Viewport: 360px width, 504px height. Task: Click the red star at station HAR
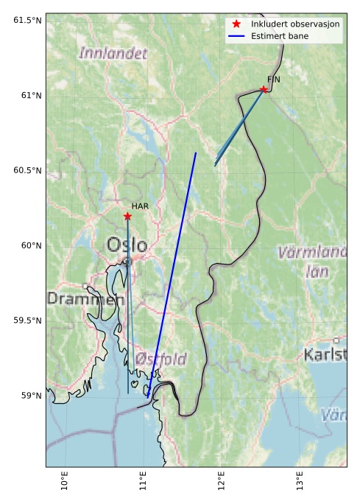(x=127, y=216)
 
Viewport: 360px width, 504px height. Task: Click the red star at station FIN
(x=264, y=89)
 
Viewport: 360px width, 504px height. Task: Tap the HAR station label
(x=140, y=207)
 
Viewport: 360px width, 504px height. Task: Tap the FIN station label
(x=274, y=79)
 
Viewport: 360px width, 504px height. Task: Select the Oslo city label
(x=127, y=245)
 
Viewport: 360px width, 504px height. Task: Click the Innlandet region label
(x=113, y=53)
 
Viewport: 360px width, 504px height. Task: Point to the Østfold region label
(x=160, y=359)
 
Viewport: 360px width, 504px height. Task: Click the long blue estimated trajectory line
(x=172, y=273)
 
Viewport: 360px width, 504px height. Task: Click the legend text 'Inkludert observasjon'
(x=295, y=24)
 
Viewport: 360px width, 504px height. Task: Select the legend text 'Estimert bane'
(x=280, y=35)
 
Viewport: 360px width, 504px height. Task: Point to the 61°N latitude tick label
(x=27, y=95)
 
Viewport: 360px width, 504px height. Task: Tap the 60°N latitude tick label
(x=27, y=245)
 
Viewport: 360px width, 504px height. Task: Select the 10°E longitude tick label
(x=65, y=483)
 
